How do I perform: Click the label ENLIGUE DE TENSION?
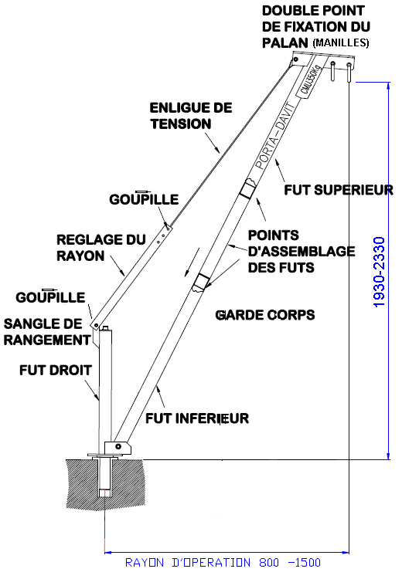(x=191, y=116)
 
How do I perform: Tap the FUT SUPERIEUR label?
(x=339, y=190)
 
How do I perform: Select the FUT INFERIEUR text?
(x=197, y=418)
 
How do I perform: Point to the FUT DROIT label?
(x=56, y=370)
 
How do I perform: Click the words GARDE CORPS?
(x=265, y=315)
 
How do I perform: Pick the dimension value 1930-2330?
(x=380, y=273)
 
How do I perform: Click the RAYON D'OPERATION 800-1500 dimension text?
(x=223, y=562)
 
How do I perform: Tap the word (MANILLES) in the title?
(x=341, y=42)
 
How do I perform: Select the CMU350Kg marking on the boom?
(x=310, y=80)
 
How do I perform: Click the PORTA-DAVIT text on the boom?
(x=275, y=136)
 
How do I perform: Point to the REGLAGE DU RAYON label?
(x=101, y=247)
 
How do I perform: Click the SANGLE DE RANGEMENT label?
(x=47, y=332)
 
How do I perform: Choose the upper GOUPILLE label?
(x=144, y=198)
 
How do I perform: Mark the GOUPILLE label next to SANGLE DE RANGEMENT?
(x=50, y=296)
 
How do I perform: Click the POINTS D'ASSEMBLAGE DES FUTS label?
(x=301, y=251)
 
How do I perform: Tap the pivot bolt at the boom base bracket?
(x=118, y=446)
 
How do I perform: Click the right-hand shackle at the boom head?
(x=349, y=73)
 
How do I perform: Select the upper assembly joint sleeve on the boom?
(x=247, y=189)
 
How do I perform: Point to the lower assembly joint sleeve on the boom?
(x=201, y=283)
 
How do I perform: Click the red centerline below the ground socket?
(x=104, y=521)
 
